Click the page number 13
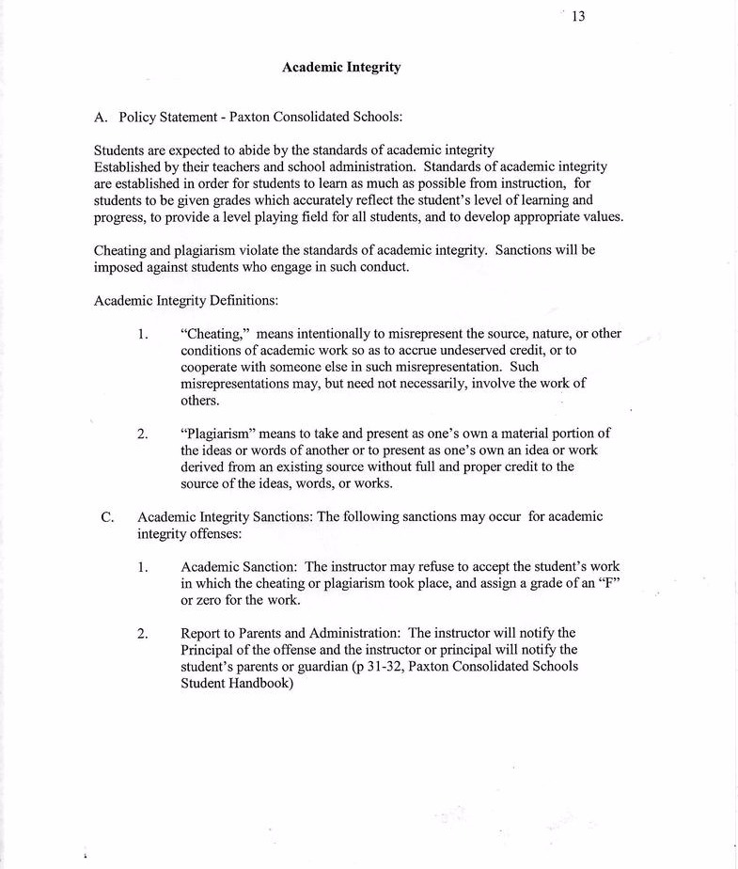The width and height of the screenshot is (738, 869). tap(578, 16)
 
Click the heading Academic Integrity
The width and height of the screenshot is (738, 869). tap(341, 68)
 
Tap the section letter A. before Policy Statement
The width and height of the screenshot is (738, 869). tap(102, 118)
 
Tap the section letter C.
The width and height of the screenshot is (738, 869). tap(107, 517)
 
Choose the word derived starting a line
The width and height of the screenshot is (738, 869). tap(202, 467)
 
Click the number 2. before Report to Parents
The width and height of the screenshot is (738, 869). tap(142, 633)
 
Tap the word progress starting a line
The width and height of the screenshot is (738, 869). tap(118, 217)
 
